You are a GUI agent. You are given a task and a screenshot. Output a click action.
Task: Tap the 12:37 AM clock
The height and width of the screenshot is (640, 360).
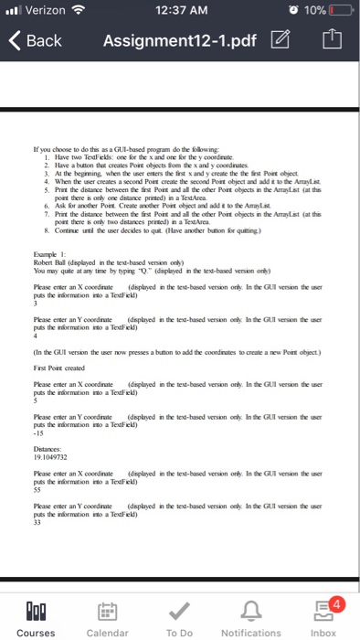[x=180, y=11]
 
